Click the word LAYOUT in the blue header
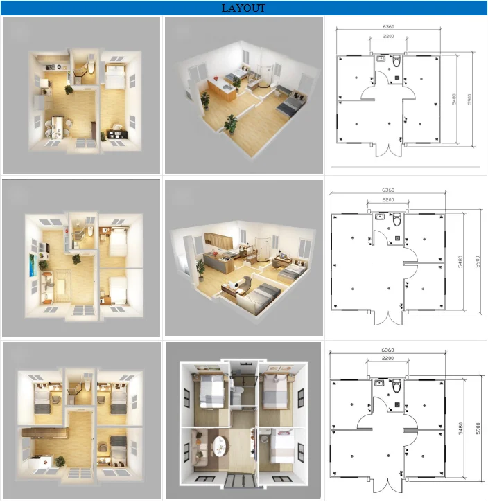[243, 8]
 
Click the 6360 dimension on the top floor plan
[388, 26]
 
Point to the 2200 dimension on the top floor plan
[388, 36]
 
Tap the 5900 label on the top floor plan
[469, 99]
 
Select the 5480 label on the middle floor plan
[460, 262]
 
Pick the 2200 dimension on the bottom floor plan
[387, 358]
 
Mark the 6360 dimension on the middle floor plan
[388, 190]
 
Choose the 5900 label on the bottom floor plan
[478, 429]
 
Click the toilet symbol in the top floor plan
[397, 61]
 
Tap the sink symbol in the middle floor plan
[380, 217]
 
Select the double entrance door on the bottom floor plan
[388, 483]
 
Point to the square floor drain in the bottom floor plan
[397, 404]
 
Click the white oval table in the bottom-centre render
[220, 446]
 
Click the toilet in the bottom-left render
[87, 386]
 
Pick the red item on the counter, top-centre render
[216, 78]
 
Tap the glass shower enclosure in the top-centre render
[265, 76]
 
